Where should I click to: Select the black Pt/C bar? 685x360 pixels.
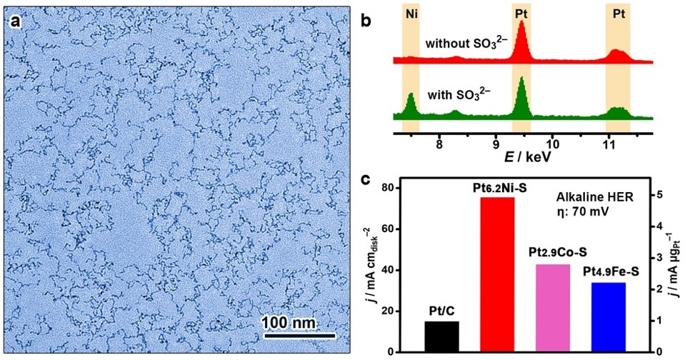pos(442,336)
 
